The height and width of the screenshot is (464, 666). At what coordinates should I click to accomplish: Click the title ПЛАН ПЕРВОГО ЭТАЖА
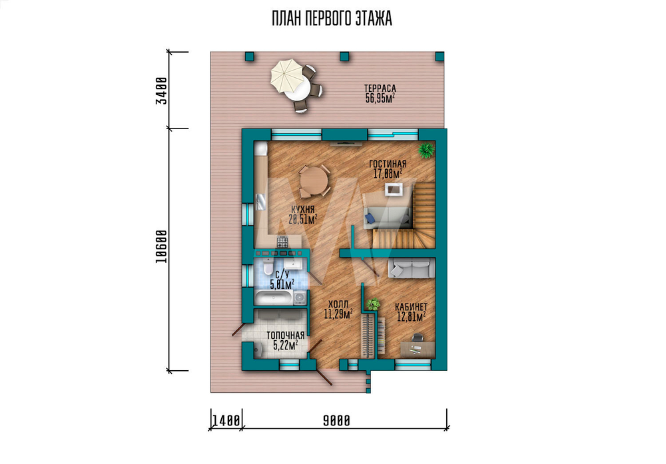332,19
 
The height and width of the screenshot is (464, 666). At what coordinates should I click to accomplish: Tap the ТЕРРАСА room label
380,89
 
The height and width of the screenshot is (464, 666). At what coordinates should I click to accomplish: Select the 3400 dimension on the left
161,90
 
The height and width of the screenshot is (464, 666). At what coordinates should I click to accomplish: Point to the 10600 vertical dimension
161,247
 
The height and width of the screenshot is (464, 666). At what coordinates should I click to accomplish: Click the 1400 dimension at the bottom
226,421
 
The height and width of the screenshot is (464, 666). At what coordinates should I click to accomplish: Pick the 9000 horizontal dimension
337,421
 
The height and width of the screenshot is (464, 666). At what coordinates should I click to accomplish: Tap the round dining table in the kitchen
314,181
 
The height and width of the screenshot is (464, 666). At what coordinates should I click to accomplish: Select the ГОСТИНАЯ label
388,164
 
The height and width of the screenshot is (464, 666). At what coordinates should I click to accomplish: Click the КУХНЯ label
303,210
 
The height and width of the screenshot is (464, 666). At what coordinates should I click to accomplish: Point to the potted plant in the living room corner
426,150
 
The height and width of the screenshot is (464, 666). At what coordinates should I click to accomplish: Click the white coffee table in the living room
394,189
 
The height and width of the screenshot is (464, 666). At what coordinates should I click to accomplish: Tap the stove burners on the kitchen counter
282,242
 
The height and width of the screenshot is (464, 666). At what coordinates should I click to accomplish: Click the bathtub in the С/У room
273,298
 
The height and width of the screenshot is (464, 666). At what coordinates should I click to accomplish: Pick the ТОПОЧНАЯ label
286,336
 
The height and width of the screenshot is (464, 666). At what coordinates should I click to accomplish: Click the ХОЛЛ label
338,304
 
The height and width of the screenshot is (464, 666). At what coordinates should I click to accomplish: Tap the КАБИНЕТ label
411,307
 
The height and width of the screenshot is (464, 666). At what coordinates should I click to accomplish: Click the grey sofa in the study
412,268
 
